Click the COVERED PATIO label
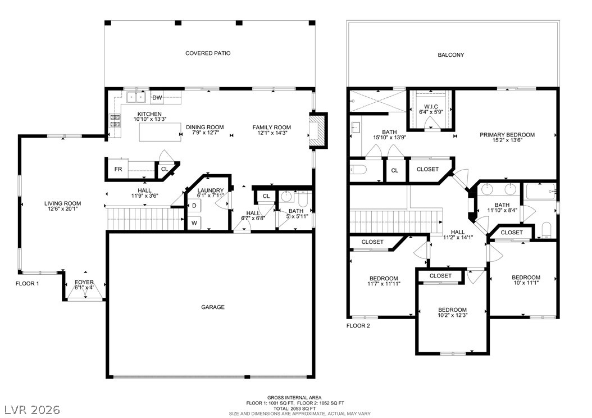click(x=208, y=53)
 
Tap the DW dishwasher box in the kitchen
click(x=157, y=98)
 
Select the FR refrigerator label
click(x=118, y=169)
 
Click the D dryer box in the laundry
click(x=194, y=206)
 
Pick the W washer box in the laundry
click(x=194, y=223)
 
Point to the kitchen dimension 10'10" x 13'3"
click(x=150, y=119)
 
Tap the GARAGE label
click(x=213, y=307)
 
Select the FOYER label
click(x=84, y=282)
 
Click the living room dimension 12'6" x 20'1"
click(x=63, y=208)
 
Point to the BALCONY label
click(x=451, y=54)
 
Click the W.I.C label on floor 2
click(x=431, y=107)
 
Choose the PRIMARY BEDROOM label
click(x=507, y=135)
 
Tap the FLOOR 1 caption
click(x=27, y=284)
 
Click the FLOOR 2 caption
click(x=358, y=325)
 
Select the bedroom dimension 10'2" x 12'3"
click(x=452, y=315)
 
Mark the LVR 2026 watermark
click(x=33, y=410)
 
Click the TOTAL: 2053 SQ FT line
click(x=294, y=408)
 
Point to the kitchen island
click(x=161, y=133)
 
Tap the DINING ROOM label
click(x=205, y=127)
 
